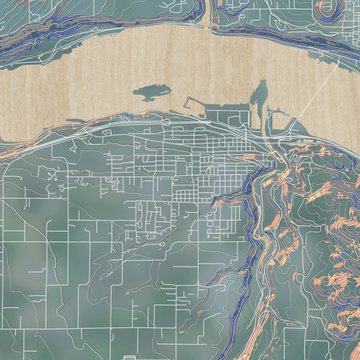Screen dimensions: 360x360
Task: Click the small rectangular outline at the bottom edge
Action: click(130, 356)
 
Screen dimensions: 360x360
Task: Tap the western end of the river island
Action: click(135, 93)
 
